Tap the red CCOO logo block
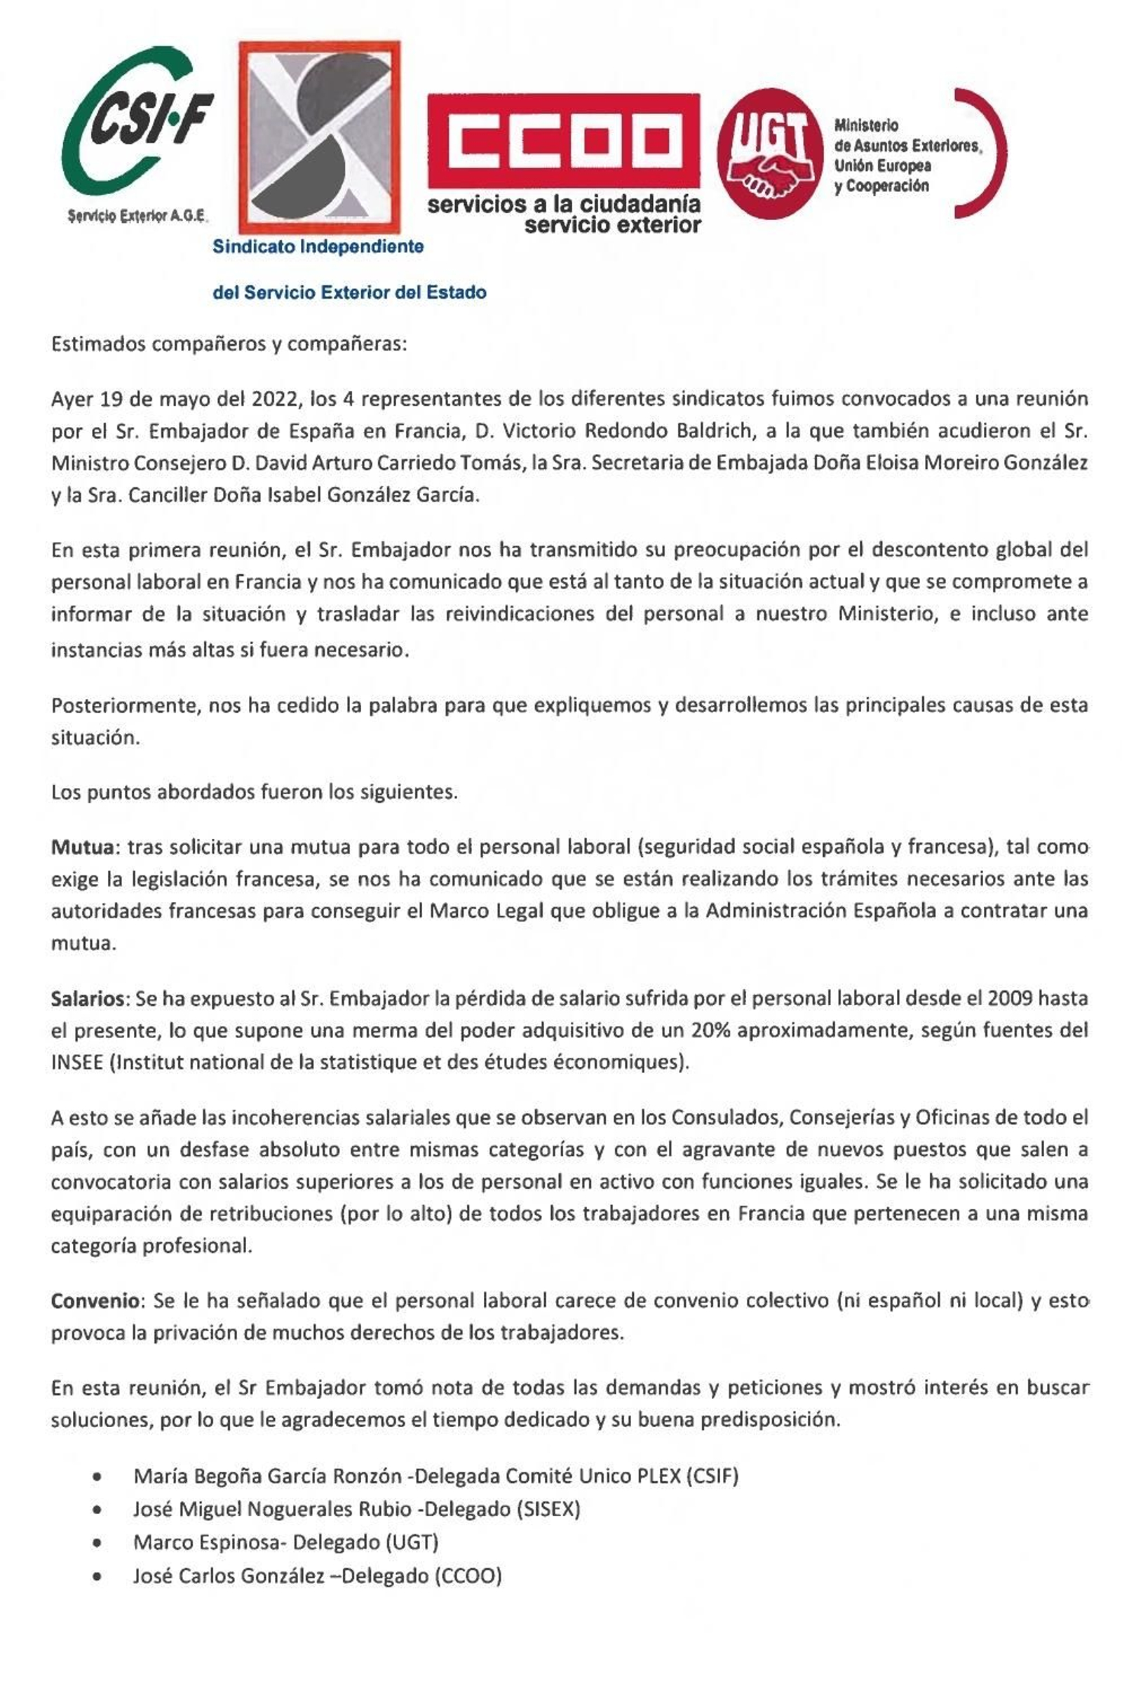click(x=563, y=139)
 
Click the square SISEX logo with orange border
click(x=319, y=137)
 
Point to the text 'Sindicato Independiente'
click(x=318, y=247)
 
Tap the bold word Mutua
click(x=82, y=847)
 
